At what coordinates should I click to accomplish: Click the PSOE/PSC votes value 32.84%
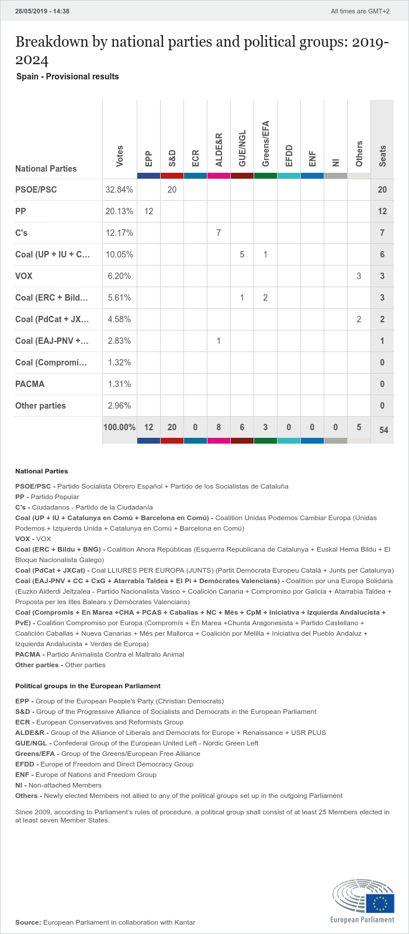point(119,190)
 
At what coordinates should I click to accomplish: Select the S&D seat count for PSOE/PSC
point(172,190)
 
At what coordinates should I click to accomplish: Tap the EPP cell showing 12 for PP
point(148,211)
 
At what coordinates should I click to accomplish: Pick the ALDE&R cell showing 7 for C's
point(219,233)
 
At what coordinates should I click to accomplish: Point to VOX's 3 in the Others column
point(359,276)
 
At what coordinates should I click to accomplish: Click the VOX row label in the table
point(24,276)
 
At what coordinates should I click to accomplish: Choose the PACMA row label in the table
point(30,384)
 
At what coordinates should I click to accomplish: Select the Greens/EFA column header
point(266,144)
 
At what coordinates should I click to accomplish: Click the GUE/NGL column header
point(242,148)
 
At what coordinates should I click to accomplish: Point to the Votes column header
point(120,156)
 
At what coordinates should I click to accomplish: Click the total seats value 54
point(383,430)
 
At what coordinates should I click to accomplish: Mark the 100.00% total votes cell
point(119,427)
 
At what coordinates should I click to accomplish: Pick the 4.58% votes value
point(119,319)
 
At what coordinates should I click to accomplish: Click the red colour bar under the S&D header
point(172,176)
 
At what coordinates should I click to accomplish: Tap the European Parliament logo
point(363,901)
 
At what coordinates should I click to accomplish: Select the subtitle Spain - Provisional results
point(68,76)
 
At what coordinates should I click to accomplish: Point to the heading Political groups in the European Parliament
point(88,686)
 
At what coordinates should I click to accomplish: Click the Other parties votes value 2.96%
point(119,406)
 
